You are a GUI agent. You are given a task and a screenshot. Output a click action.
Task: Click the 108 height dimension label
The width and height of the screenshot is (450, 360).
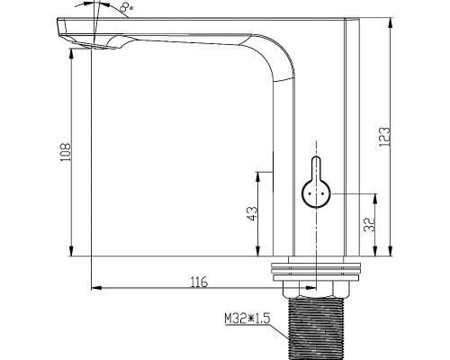tap(66, 152)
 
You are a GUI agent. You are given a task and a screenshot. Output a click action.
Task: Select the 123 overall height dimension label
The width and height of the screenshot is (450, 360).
tap(384, 137)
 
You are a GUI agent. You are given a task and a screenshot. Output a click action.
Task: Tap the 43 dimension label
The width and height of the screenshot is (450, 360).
tap(253, 213)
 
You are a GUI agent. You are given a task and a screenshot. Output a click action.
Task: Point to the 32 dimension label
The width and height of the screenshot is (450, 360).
tap(369, 224)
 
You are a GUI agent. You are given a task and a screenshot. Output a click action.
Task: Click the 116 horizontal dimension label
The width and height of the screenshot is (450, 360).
tap(199, 282)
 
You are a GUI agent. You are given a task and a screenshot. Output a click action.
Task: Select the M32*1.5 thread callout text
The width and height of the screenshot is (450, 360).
tap(247, 319)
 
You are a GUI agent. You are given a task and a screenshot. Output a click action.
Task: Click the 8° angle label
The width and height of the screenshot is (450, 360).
tap(126, 8)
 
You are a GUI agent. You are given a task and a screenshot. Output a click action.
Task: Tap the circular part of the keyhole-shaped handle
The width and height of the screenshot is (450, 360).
tap(316, 193)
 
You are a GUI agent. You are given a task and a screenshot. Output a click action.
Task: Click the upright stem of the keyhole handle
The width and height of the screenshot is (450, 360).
tap(316, 168)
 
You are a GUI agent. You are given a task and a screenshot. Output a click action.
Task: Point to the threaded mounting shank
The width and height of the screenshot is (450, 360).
tap(316, 329)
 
